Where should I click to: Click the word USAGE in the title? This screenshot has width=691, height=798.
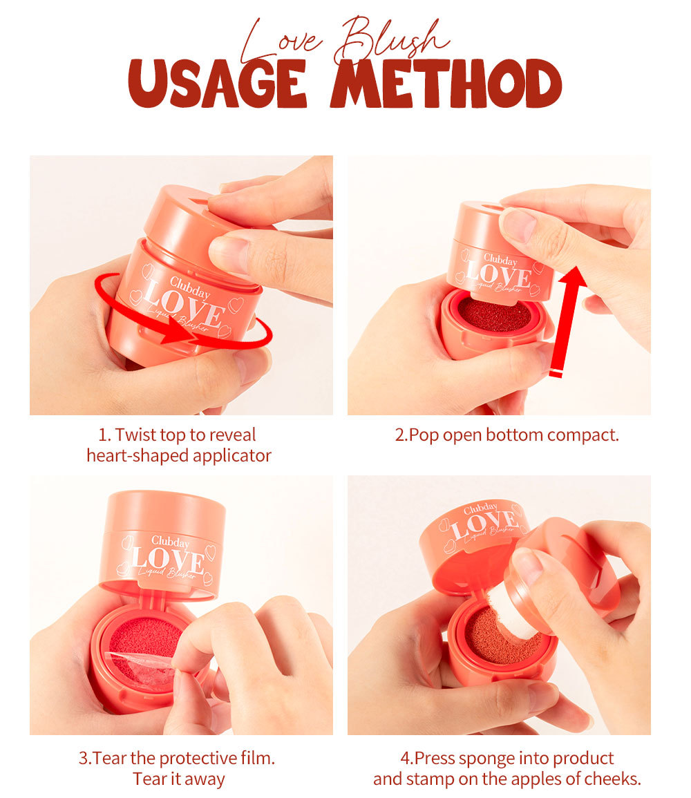pyautogui.click(x=217, y=84)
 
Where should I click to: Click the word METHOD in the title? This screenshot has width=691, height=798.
pyautogui.click(x=447, y=84)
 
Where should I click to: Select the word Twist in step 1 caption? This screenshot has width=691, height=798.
pyautogui.click(x=135, y=435)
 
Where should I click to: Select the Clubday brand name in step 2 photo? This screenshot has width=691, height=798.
pyautogui.click(x=500, y=260)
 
